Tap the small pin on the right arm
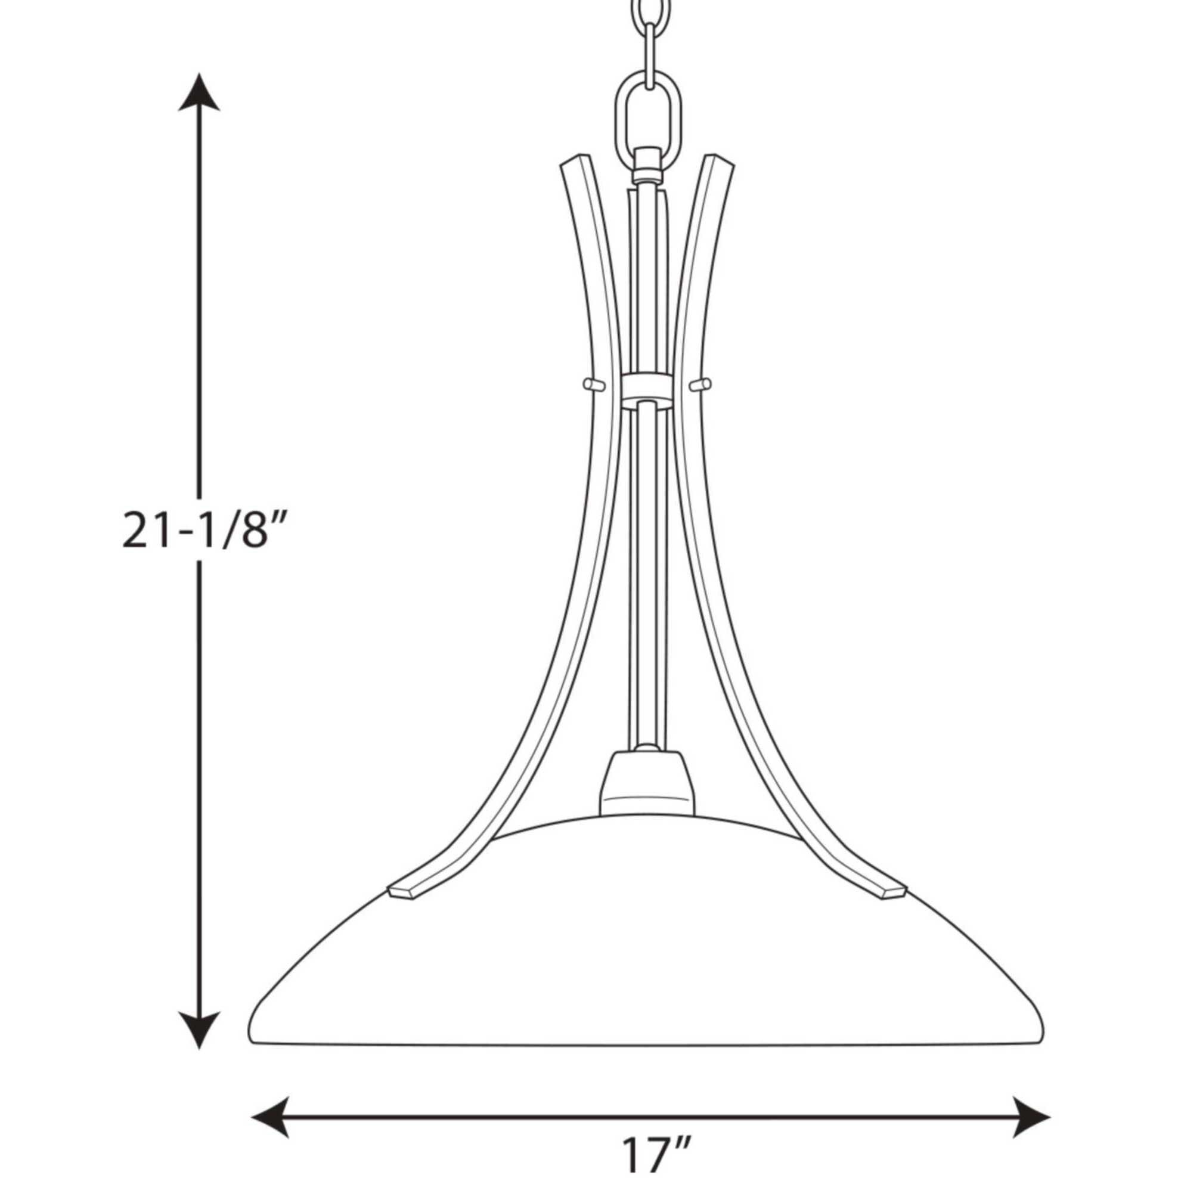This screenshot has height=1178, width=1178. point(700,383)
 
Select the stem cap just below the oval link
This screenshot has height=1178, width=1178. point(647,165)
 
